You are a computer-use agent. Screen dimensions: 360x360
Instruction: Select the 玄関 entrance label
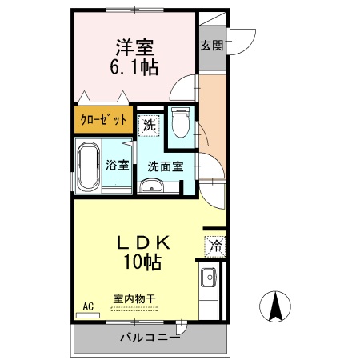[212, 46]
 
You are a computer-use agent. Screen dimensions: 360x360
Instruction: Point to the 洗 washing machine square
[150, 126]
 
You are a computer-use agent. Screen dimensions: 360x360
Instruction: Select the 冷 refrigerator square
[214, 246]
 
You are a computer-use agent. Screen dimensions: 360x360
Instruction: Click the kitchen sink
[210, 279]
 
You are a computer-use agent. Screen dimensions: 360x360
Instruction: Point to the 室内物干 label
[134, 298]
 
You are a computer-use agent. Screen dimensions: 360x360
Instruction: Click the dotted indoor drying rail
[134, 307]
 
